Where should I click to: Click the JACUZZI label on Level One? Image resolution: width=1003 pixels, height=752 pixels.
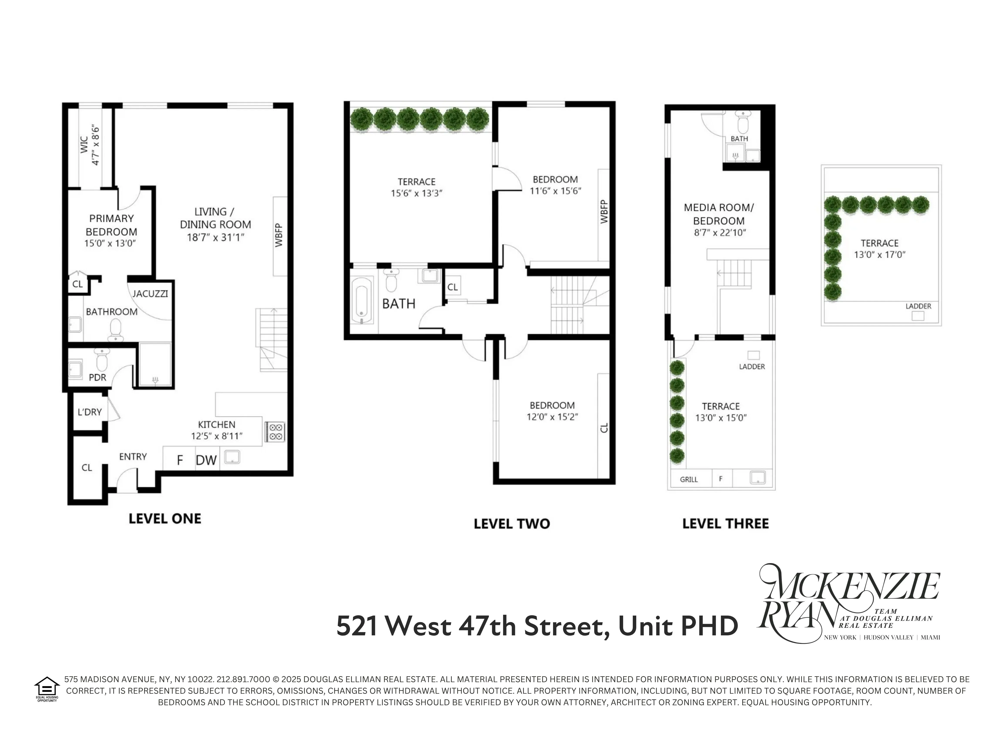click(150, 294)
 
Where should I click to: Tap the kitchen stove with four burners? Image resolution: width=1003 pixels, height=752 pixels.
click(275, 432)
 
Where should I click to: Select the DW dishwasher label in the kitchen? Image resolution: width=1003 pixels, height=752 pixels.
click(206, 461)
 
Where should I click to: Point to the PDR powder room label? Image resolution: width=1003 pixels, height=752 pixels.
click(98, 378)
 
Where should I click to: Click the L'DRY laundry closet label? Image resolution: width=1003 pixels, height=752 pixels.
click(90, 412)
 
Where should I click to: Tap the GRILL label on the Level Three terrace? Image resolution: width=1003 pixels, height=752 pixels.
click(689, 480)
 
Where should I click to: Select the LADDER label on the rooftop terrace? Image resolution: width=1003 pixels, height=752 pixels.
click(918, 306)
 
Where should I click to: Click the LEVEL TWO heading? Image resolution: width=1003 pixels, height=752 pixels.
click(512, 524)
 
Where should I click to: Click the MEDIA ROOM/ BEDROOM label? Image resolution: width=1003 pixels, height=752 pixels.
click(719, 214)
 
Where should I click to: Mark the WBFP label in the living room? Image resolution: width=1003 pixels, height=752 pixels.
click(279, 235)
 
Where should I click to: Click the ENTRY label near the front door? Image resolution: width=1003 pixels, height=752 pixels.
click(133, 457)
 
